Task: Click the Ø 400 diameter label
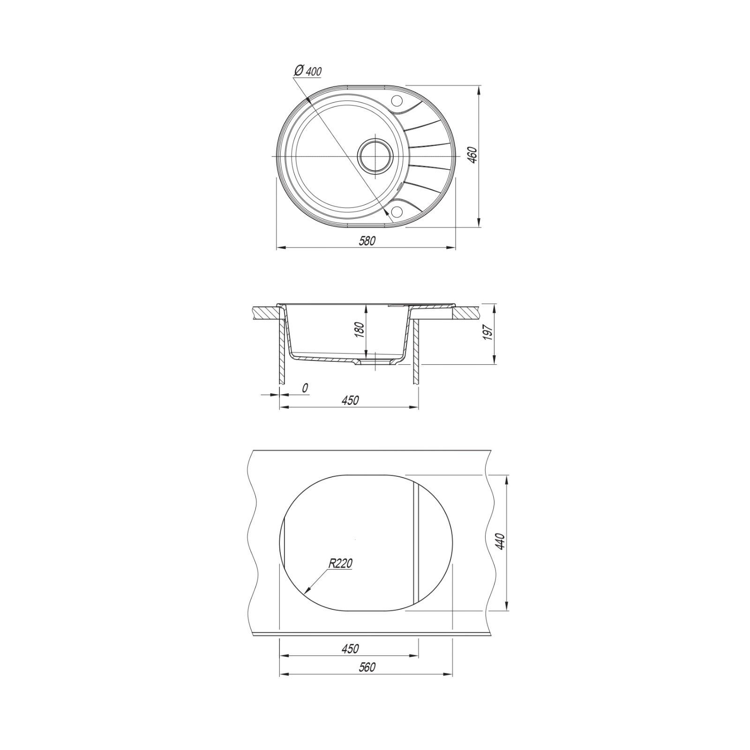point(307,70)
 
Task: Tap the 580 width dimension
point(367,241)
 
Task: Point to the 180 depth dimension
point(360,330)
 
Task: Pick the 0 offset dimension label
point(305,388)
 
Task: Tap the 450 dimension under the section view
point(350,400)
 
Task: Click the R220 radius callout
point(340,563)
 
